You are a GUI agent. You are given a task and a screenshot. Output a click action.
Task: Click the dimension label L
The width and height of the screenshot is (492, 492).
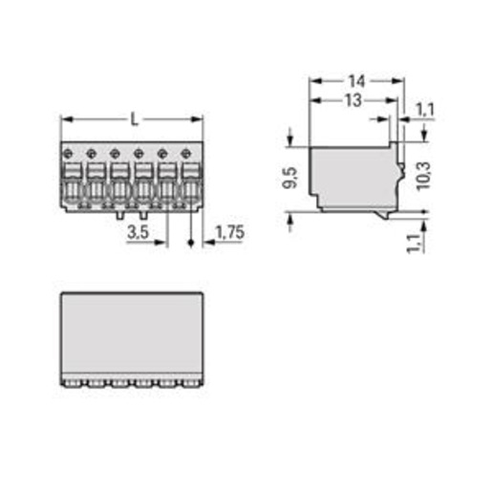click(135, 119)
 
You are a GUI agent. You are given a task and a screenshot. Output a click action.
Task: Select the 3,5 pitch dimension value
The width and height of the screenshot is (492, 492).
click(138, 232)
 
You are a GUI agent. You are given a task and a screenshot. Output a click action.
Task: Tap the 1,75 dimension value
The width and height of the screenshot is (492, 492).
click(230, 232)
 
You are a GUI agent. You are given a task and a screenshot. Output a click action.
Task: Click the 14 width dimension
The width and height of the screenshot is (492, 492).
click(356, 81)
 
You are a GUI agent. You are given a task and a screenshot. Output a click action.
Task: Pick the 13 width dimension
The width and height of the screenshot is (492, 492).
click(353, 100)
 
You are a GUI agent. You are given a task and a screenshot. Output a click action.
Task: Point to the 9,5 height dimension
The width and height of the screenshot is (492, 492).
click(290, 178)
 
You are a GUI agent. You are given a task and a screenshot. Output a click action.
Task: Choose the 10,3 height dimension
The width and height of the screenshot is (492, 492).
click(423, 176)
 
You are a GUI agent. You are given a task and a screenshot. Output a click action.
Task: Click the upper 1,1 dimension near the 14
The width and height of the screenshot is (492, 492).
click(425, 110)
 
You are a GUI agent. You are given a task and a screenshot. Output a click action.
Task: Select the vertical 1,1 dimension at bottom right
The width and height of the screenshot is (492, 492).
click(414, 244)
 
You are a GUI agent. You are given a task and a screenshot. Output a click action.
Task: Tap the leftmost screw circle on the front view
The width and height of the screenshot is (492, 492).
click(68, 154)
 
